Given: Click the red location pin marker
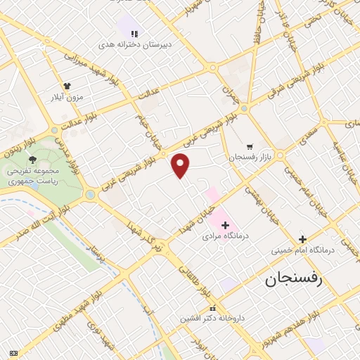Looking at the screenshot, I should tap(181, 165).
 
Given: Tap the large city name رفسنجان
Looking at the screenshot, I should tap(292, 280).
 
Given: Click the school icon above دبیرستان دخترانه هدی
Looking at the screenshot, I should tap(134, 32).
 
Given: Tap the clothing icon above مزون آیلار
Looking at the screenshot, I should tap(67, 86).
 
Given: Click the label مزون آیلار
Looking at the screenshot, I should tap(64, 96).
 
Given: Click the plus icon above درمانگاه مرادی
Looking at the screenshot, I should tap(226, 225).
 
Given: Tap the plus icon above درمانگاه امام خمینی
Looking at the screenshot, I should tap(303, 239).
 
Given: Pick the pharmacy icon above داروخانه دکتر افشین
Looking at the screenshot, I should tap(213, 309).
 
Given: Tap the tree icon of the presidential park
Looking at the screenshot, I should tap(33, 160).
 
